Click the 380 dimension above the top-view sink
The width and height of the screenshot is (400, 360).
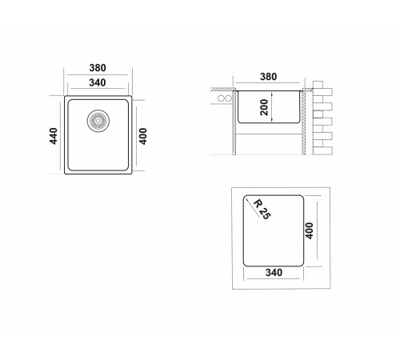click(98, 68)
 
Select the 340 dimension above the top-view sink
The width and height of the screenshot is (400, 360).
click(98, 82)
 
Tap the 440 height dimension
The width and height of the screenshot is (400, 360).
click(54, 136)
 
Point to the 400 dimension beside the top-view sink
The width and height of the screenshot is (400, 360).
click(143, 136)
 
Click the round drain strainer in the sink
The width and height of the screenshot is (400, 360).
click(98, 121)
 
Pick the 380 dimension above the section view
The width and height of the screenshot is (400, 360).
click(268, 77)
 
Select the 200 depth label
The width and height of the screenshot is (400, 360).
click(264, 107)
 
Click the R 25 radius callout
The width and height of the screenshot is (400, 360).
click(262, 210)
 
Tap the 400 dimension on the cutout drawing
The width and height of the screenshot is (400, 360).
click(309, 231)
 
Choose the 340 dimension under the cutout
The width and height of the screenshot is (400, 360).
click(274, 273)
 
